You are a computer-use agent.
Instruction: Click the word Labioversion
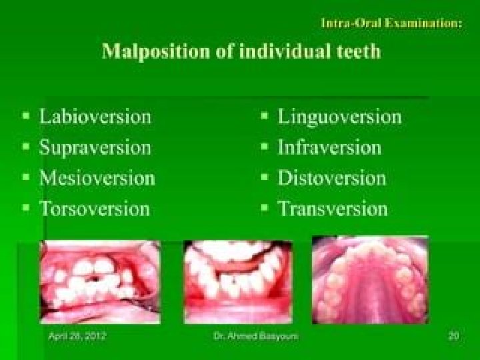(x=95, y=116)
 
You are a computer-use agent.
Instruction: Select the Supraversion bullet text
(x=95, y=148)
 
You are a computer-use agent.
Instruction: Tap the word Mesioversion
(x=97, y=178)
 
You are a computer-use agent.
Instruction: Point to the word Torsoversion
(x=94, y=209)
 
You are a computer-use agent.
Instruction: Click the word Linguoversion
(x=339, y=117)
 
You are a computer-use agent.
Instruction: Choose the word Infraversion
(x=329, y=147)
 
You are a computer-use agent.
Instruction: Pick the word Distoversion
(x=332, y=178)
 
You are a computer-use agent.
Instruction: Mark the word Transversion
(x=333, y=209)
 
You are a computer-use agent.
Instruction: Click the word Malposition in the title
(x=156, y=52)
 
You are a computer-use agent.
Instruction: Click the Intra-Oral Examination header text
(x=391, y=23)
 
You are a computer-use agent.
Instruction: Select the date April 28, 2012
(x=77, y=336)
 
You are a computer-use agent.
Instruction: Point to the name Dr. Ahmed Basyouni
(x=255, y=336)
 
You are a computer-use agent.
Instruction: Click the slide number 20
(x=454, y=336)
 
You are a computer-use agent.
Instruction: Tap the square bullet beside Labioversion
(x=26, y=116)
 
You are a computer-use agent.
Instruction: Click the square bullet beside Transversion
(x=264, y=208)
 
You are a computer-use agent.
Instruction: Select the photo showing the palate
(x=370, y=280)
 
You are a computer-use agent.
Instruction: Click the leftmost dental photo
(x=100, y=282)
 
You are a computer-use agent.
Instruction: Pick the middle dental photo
(x=238, y=282)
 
